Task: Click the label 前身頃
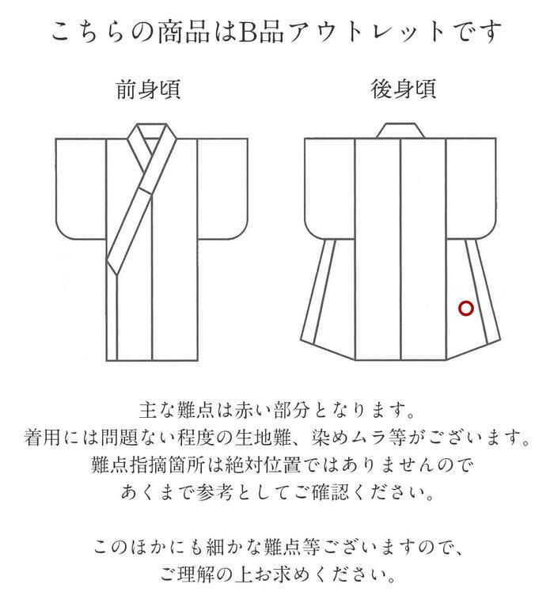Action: [148, 89]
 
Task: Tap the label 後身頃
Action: [403, 89]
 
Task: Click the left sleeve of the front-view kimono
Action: [81, 188]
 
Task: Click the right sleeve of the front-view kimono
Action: [222, 188]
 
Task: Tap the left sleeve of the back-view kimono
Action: [329, 188]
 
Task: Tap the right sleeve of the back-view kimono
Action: [471, 188]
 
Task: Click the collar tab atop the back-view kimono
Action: [400, 131]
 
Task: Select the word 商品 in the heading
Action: [184, 32]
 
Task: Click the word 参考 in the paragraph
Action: [214, 492]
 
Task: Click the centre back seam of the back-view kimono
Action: [401, 249]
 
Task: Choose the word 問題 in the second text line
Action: [119, 438]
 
